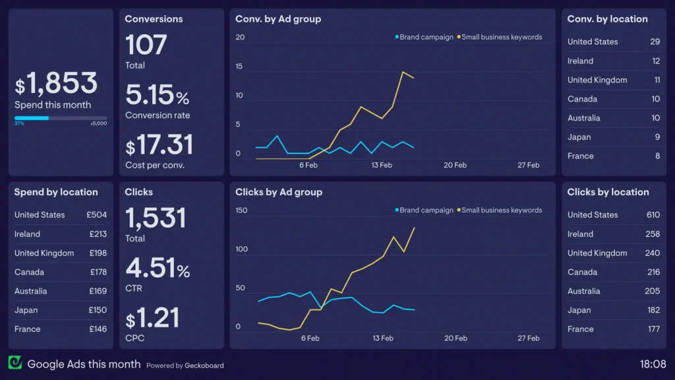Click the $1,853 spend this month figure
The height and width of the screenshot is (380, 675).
point(57,84)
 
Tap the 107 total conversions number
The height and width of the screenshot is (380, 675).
point(146,46)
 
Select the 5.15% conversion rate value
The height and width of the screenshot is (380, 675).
point(158,96)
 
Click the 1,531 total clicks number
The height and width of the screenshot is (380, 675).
point(156,218)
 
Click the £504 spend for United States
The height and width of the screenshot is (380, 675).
point(96,215)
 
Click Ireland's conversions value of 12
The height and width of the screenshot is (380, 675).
point(656,61)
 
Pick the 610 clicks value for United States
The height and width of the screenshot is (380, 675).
point(653,215)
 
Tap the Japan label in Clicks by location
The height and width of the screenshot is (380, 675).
point(579,310)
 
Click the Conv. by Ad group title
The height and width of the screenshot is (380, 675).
point(278,19)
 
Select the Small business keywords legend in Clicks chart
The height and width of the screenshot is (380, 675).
point(501,210)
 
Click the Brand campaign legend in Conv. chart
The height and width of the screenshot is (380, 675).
point(426,37)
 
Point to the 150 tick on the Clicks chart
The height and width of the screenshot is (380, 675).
point(241,211)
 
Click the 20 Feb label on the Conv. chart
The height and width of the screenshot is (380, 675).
point(455,166)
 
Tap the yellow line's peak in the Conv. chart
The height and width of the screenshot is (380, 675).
point(403,72)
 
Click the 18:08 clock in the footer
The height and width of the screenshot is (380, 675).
point(653,364)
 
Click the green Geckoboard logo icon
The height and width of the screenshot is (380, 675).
point(15,363)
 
